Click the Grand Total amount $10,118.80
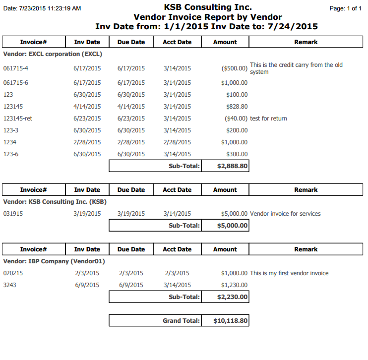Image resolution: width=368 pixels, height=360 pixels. (x=231, y=321)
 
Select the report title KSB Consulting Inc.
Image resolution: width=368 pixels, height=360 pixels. (x=207, y=7)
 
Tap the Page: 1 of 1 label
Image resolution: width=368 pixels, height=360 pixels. (x=346, y=8)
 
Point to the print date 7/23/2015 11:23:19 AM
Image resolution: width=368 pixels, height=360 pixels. (x=42, y=8)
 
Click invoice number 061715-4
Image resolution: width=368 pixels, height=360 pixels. (x=16, y=68)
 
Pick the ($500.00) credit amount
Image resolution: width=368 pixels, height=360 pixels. (x=234, y=68)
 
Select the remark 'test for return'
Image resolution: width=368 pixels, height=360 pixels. (x=269, y=119)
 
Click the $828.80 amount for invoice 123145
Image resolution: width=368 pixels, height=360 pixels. (x=235, y=107)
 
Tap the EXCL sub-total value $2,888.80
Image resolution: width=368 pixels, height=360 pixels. (x=232, y=166)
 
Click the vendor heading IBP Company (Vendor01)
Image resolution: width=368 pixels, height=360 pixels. (x=54, y=261)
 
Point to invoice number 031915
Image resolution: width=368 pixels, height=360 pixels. (x=13, y=214)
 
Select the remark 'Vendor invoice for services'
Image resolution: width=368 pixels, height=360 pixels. (x=285, y=214)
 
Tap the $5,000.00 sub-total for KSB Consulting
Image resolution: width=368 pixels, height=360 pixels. (x=232, y=226)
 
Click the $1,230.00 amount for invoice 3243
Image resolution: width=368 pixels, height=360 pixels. (x=234, y=285)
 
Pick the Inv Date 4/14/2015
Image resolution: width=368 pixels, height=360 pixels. (x=87, y=107)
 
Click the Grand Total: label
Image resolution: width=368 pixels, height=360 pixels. (x=181, y=321)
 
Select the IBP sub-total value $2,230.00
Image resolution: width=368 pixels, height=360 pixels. (x=232, y=297)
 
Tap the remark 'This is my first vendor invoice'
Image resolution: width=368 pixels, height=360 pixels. (x=289, y=273)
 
